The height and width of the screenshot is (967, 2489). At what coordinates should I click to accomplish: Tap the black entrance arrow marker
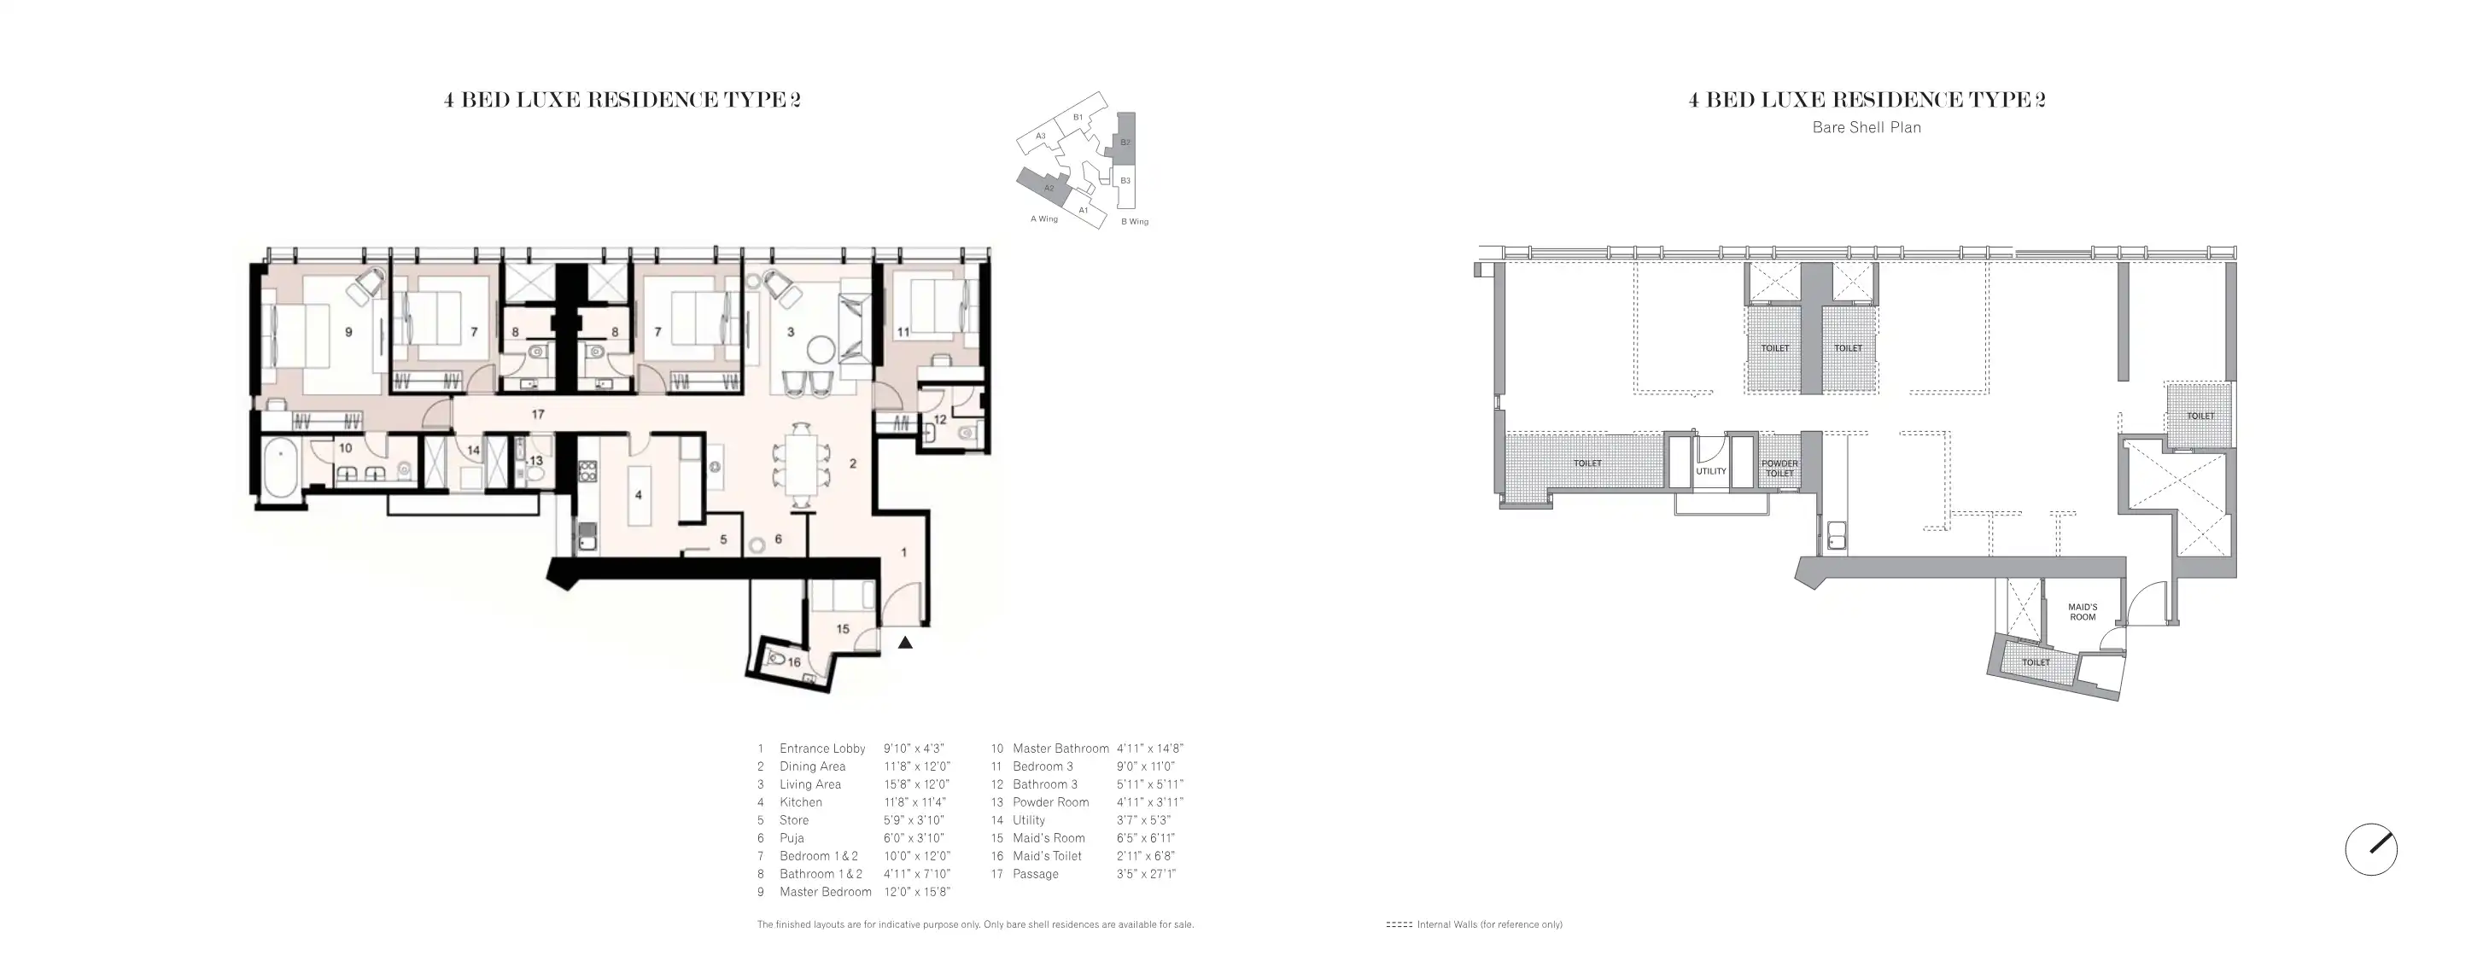[905, 643]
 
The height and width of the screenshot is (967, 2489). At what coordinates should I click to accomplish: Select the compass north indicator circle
[2371, 850]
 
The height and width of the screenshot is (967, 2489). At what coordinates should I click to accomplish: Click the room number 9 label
[349, 332]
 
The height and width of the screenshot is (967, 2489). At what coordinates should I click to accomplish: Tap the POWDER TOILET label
[1779, 469]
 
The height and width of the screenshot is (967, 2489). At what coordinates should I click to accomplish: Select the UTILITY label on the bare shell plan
[1711, 471]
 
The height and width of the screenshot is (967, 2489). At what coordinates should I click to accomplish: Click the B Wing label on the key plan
[1134, 222]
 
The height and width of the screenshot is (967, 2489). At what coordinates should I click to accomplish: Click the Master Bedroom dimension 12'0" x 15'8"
[917, 893]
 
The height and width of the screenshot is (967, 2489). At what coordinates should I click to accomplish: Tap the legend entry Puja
[792, 838]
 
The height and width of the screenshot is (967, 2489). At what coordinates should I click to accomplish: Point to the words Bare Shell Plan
[1867, 127]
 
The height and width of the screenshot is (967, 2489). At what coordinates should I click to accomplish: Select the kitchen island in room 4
[639, 495]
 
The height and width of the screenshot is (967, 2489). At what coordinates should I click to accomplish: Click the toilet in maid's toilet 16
[776, 660]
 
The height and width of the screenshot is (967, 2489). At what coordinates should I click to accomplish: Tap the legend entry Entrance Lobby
[822, 749]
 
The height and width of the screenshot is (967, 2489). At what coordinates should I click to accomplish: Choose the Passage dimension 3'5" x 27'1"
[1146, 874]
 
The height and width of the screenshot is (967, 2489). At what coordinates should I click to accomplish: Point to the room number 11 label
[903, 332]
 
